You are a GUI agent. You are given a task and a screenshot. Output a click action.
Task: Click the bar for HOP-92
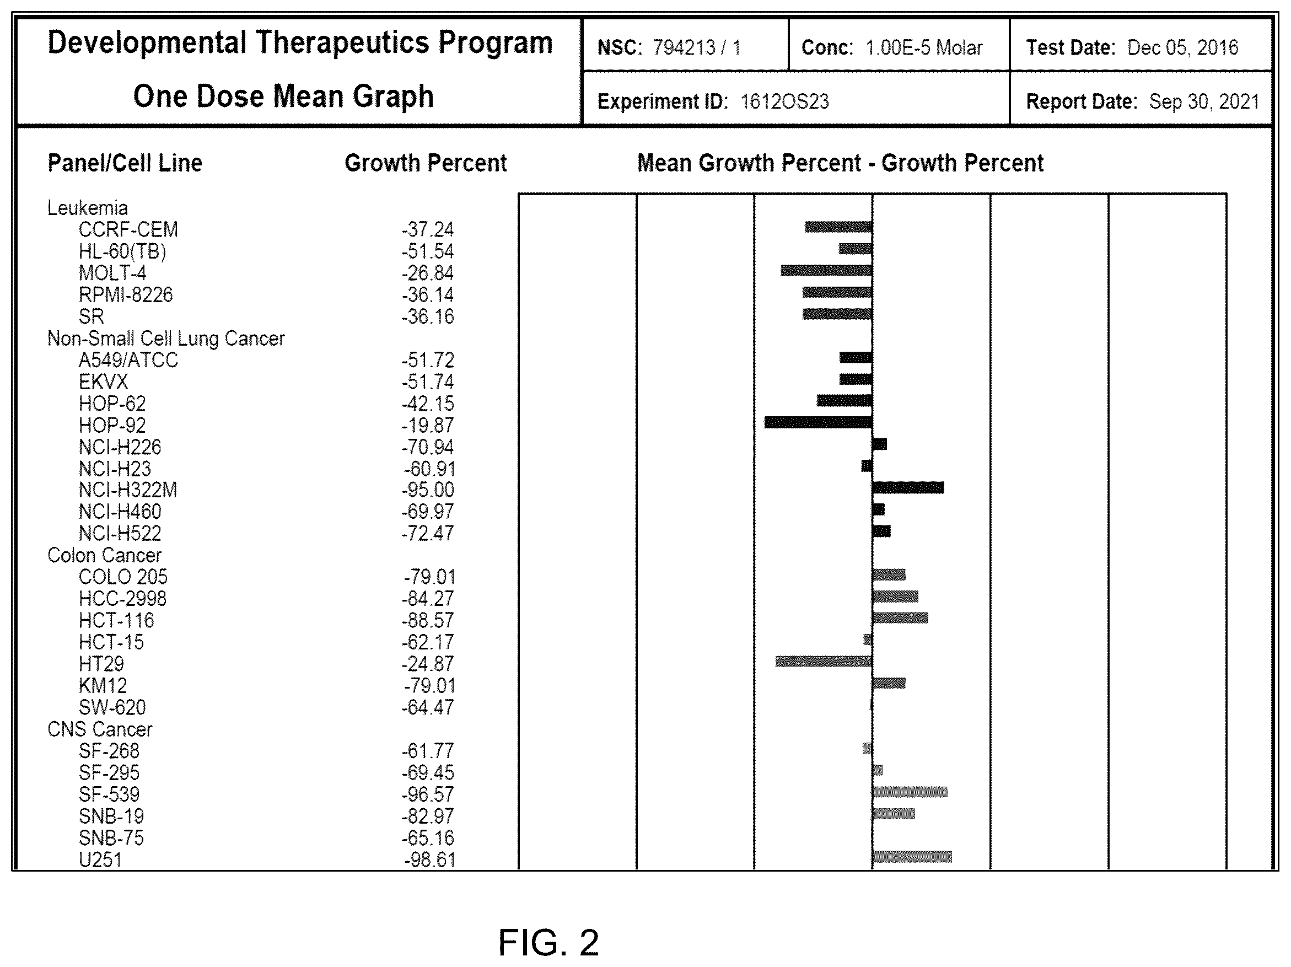[818, 422]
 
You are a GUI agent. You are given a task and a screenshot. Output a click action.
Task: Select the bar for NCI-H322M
[908, 488]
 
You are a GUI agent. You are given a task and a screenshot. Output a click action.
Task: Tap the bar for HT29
[824, 661]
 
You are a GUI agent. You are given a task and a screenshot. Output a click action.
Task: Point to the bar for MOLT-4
[826, 270]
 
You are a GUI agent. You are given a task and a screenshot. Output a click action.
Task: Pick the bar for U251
[912, 857]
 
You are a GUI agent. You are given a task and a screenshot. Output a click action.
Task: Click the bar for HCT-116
[900, 617]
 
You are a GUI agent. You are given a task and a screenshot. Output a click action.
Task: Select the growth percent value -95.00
[428, 490]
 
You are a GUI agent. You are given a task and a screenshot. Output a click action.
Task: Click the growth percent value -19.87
[428, 426]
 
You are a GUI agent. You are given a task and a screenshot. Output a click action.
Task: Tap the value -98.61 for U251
[429, 859]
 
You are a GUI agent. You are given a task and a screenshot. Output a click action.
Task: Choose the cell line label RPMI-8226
[126, 295]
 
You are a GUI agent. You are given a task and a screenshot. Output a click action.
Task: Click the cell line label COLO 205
[123, 577]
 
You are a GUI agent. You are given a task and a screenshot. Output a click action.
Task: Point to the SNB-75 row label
[111, 838]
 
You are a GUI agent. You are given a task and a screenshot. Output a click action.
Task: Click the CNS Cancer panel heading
[100, 729]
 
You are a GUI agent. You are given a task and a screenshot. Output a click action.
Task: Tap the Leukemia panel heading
[88, 208]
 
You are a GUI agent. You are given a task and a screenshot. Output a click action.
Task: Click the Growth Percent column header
[426, 163]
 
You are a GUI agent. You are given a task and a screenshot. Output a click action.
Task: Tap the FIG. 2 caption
[548, 943]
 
